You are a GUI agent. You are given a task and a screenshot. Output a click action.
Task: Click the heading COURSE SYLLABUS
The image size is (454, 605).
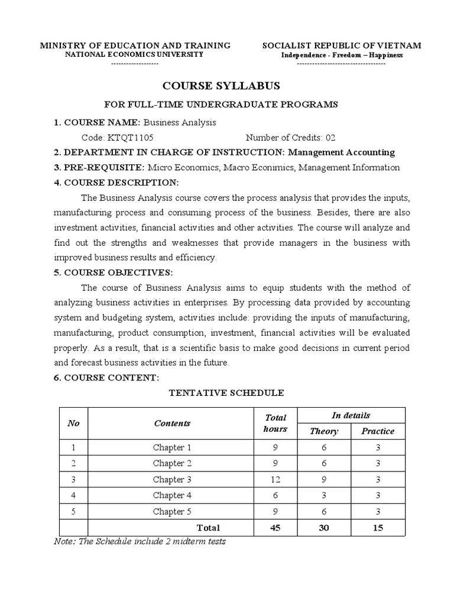coord(221,86)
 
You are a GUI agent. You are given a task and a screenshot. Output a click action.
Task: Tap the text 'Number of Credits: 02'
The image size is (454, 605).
coord(290,137)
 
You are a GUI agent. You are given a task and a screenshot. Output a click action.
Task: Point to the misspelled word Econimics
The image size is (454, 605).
coord(274,167)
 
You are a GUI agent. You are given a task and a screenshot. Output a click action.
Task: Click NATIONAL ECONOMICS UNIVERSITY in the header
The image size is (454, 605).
coord(134,54)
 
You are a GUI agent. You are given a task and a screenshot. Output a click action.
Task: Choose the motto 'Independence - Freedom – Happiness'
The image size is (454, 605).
coord(342,55)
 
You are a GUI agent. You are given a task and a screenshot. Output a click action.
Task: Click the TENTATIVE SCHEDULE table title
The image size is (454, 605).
coord(226,393)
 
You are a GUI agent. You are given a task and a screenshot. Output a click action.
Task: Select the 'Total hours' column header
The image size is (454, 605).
coord(275,423)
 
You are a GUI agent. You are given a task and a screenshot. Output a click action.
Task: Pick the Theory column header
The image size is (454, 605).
coord(324,431)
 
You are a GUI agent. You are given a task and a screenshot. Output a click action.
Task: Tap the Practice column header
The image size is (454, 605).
coord(377,431)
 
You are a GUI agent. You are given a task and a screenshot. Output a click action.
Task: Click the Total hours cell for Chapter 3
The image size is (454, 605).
coord(275,480)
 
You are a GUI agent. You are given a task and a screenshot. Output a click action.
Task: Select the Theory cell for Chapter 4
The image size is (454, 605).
coord(324,496)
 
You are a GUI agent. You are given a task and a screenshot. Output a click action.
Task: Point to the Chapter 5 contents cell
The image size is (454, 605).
coord(172,512)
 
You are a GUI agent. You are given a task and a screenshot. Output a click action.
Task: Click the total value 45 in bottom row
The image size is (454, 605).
coord(275,528)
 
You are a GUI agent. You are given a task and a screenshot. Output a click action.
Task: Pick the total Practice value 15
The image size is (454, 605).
coord(377,528)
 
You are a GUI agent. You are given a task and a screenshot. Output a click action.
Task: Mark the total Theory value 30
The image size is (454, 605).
coord(324,528)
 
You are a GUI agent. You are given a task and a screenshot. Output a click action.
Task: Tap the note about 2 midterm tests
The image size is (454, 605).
coord(140,541)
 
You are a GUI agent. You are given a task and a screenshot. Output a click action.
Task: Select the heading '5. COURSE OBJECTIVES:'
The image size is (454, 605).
coord(113,272)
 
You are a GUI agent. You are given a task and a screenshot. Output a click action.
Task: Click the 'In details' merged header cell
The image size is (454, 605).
coord(351,415)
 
